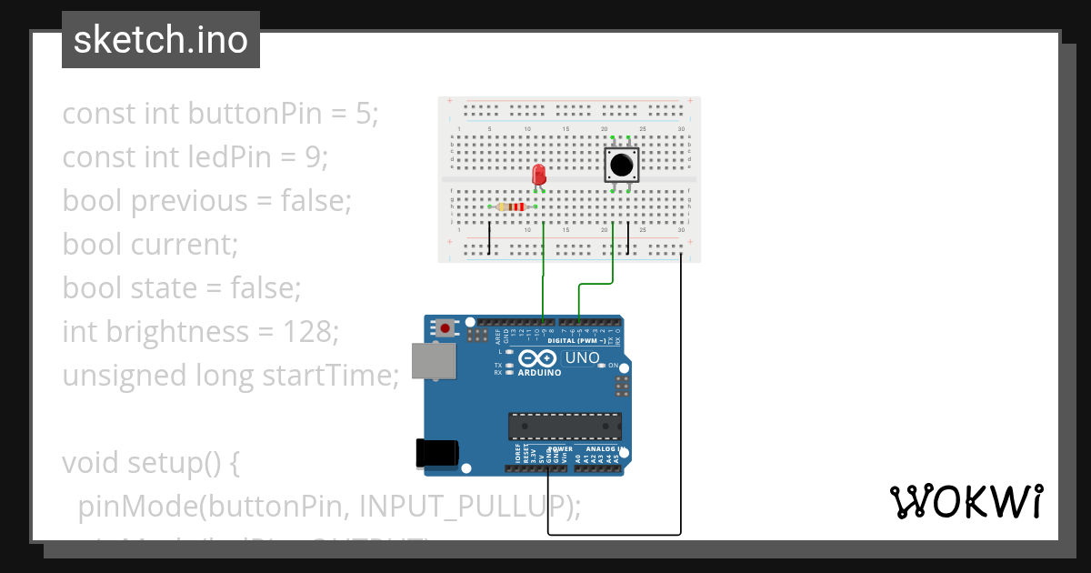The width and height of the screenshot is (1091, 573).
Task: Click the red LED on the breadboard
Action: (x=538, y=174)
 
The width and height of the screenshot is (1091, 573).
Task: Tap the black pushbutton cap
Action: (x=622, y=166)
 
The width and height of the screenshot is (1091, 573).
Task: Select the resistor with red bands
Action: (x=515, y=207)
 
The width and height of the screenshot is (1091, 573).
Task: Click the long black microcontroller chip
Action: (x=565, y=426)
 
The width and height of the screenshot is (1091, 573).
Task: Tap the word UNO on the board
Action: (x=583, y=357)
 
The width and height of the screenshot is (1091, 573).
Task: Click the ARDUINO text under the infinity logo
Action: (x=539, y=372)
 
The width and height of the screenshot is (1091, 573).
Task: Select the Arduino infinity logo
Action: (x=539, y=357)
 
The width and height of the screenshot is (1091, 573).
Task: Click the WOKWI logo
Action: (x=966, y=502)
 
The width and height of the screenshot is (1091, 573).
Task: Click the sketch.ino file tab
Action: (x=161, y=40)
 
